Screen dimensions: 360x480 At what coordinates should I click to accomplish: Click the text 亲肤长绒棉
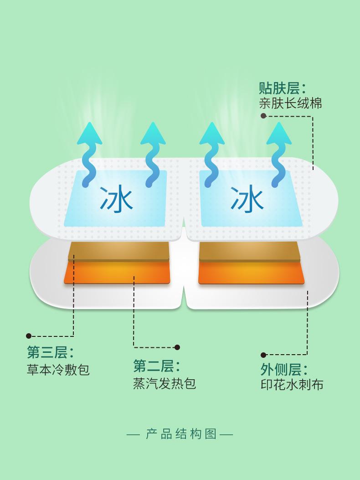point(290,103)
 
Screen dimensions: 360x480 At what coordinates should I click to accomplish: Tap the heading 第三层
point(50,352)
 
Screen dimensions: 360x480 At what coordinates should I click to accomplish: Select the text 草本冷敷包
point(58,369)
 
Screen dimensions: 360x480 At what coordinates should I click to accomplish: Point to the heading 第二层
point(156,366)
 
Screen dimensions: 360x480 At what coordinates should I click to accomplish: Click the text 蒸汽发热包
point(165,383)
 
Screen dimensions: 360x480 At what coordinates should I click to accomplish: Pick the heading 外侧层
point(284,370)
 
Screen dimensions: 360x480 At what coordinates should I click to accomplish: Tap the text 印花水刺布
point(292,385)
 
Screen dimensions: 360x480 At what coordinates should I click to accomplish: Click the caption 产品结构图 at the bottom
point(180,434)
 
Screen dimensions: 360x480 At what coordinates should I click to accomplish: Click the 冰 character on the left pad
point(116,199)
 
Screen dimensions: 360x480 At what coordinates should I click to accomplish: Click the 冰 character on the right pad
point(247,199)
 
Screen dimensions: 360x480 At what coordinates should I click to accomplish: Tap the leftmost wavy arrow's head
point(89,134)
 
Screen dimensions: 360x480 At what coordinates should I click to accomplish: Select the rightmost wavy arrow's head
point(279,134)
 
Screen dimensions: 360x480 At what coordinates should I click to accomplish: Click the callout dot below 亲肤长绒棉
point(263,116)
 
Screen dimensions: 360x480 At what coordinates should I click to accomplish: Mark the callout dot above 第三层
point(29,336)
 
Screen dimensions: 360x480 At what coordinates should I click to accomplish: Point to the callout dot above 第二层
point(177,347)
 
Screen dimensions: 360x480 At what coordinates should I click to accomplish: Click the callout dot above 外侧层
point(263,355)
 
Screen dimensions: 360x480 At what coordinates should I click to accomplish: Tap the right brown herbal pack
point(249,252)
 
